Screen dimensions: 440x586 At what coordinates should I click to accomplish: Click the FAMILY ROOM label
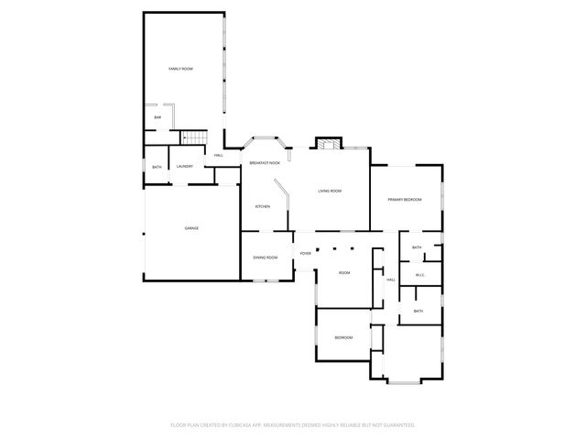pyautogui.click(x=180, y=69)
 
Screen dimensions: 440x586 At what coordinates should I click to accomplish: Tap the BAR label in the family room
pyautogui.click(x=157, y=117)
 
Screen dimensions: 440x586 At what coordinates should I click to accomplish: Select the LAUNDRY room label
pyautogui.click(x=184, y=166)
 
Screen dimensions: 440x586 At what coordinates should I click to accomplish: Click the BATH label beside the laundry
pyautogui.click(x=157, y=167)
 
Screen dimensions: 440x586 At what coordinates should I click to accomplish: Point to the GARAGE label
pyautogui.click(x=191, y=228)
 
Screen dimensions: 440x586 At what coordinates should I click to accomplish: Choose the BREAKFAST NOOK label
pyautogui.click(x=265, y=163)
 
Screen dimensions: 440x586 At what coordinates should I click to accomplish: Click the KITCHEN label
pyautogui.click(x=262, y=206)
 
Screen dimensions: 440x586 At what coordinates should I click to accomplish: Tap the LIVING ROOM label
pyautogui.click(x=330, y=191)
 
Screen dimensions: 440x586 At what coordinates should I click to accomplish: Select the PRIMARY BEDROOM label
pyautogui.click(x=404, y=199)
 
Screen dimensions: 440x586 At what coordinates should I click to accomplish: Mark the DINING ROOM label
pyautogui.click(x=266, y=258)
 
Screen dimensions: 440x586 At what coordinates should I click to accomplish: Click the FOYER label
pyautogui.click(x=305, y=254)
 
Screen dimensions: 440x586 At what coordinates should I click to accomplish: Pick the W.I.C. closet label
pyautogui.click(x=419, y=275)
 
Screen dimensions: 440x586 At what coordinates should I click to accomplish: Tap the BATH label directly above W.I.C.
pyautogui.click(x=417, y=247)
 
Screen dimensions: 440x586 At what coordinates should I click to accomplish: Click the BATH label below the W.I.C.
pyautogui.click(x=418, y=311)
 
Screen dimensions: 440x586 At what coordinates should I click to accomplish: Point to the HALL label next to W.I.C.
pyautogui.click(x=390, y=280)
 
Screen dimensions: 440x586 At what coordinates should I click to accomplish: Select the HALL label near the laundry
pyautogui.click(x=219, y=155)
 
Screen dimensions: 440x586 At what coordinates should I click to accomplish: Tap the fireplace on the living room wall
pyautogui.click(x=329, y=143)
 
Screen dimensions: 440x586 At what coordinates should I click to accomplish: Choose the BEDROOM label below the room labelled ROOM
pyautogui.click(x=343, y=338)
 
